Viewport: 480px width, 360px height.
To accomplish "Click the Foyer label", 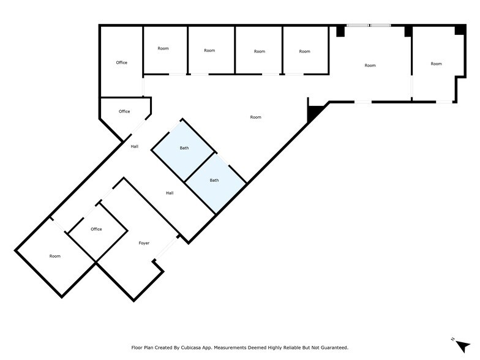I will pyautogui.click(x=144, y=243).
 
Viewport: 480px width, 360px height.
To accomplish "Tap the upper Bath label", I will pyautogui.click(x=184, y=148).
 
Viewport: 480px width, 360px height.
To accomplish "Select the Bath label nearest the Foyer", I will pyautogui.click(x=214, y=180).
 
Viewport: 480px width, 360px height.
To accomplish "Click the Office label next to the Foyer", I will pyautogui.click(x=96, y=229).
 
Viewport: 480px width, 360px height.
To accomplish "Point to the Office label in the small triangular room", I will pyautogui.click(x=124, y=111).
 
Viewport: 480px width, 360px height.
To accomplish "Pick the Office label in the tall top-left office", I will pyautogui.click(x=121, y=62).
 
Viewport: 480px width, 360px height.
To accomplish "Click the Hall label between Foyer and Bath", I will pyautogui.click(x=170, y=193).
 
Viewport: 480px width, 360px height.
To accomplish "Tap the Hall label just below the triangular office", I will pyautogui.click(x=135, y=146).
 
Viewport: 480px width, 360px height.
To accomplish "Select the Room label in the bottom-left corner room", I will pyautogui.click(x=55, y=256).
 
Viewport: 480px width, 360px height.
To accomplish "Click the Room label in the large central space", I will pyautogui.click(x=256, y=117).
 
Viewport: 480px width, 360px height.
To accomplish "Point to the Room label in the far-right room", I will pyautogui.click(x=436, y=64).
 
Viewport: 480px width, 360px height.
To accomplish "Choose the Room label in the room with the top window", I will pyautogui.click(x=370, y=66).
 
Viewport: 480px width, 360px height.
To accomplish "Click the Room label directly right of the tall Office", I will pyautogui.click(x=163, y=48).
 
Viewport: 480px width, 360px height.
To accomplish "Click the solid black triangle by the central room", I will pyautogui.click(x=314, y=113).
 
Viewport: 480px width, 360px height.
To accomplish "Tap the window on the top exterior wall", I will pyautogui.click(x=369, y=25).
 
